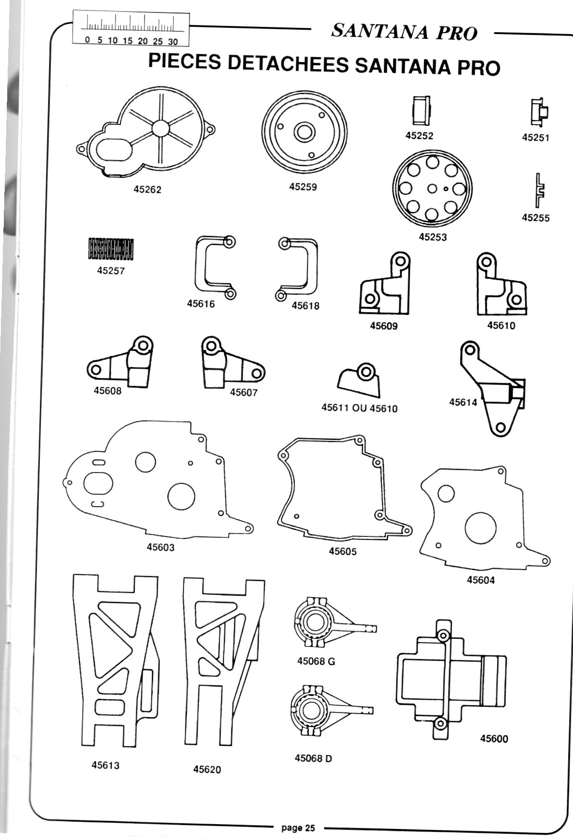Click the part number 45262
(x=147, y=189)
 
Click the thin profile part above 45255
(x=540, y=189)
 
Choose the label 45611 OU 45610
(x=359, y=408)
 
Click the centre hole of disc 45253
(x=432, y=188)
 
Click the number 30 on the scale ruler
(x=173, y=41)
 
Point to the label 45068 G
(x=316, y=661)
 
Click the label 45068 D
(x=313, y=758)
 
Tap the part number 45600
(x=494, y=738)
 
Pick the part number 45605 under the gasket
(x=342, y=551)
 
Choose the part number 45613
(x=106, y=765)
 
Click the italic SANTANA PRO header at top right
(x=404, y=32)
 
